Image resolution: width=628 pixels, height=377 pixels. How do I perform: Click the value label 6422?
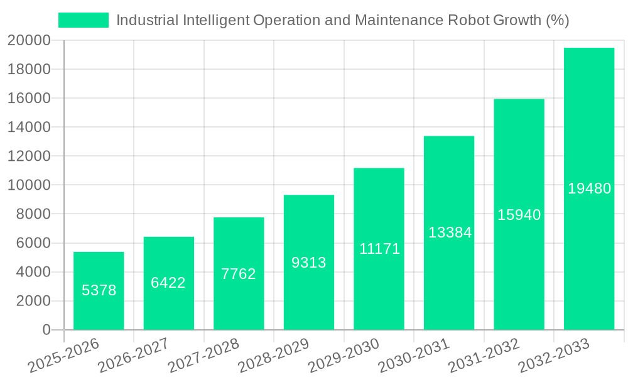tap(168, 283)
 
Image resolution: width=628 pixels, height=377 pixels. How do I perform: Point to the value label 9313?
tap(309, 263)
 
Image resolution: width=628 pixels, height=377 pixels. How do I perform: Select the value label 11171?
tap(379, 249)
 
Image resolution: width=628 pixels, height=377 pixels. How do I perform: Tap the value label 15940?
tap(519, 215)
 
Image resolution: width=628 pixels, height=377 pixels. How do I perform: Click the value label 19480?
tap(589, 188)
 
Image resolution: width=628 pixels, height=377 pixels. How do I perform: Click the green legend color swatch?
tap(84, 20)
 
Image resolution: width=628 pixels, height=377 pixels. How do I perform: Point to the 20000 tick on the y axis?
tap(29, 41)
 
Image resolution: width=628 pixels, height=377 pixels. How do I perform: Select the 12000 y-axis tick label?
tap(29, 156)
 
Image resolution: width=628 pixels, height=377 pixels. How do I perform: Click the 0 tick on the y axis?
tap(46, 330)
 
